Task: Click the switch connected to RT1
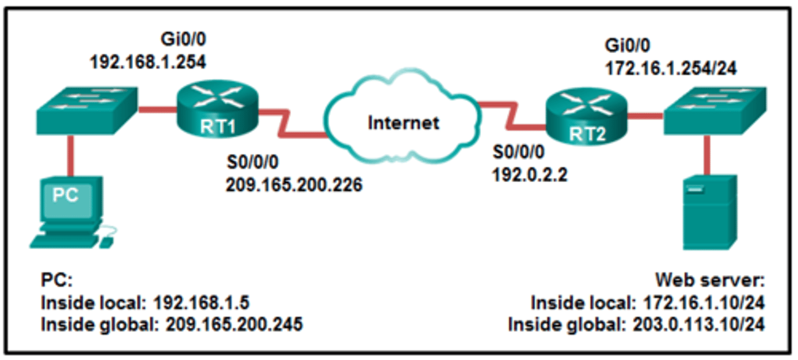coord(86,110)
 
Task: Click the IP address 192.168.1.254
coord(148,61)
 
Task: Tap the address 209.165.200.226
coord(294,184)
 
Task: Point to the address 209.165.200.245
coord(234,324)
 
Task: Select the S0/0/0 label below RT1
coord(252,163)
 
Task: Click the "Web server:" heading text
coord(710,280)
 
